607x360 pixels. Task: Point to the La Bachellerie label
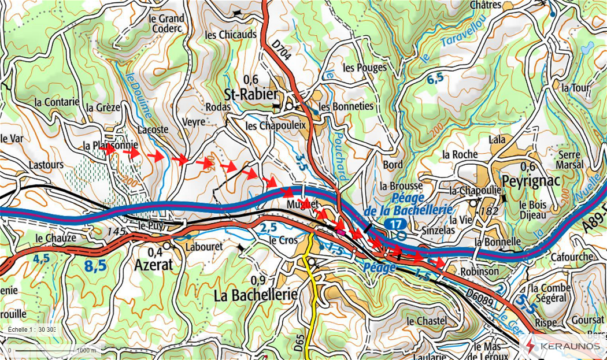[x=256, y=295]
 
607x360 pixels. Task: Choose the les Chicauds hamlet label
[x=230, y=35]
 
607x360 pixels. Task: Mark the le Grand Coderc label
[x=166, y=23]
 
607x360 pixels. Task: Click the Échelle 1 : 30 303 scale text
[x=31, y=329]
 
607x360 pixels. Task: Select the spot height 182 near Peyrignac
[x=489, y=211]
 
